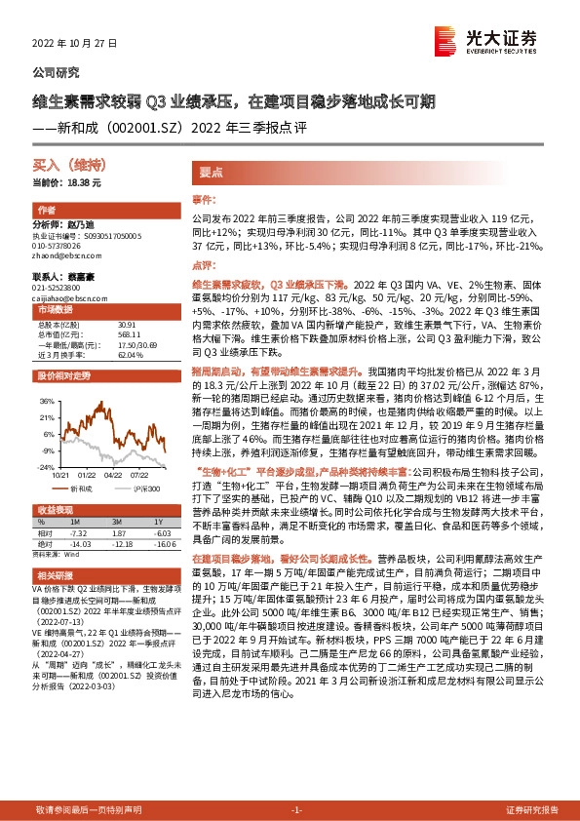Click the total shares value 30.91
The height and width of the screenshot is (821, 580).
click(x=128, y=324)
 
